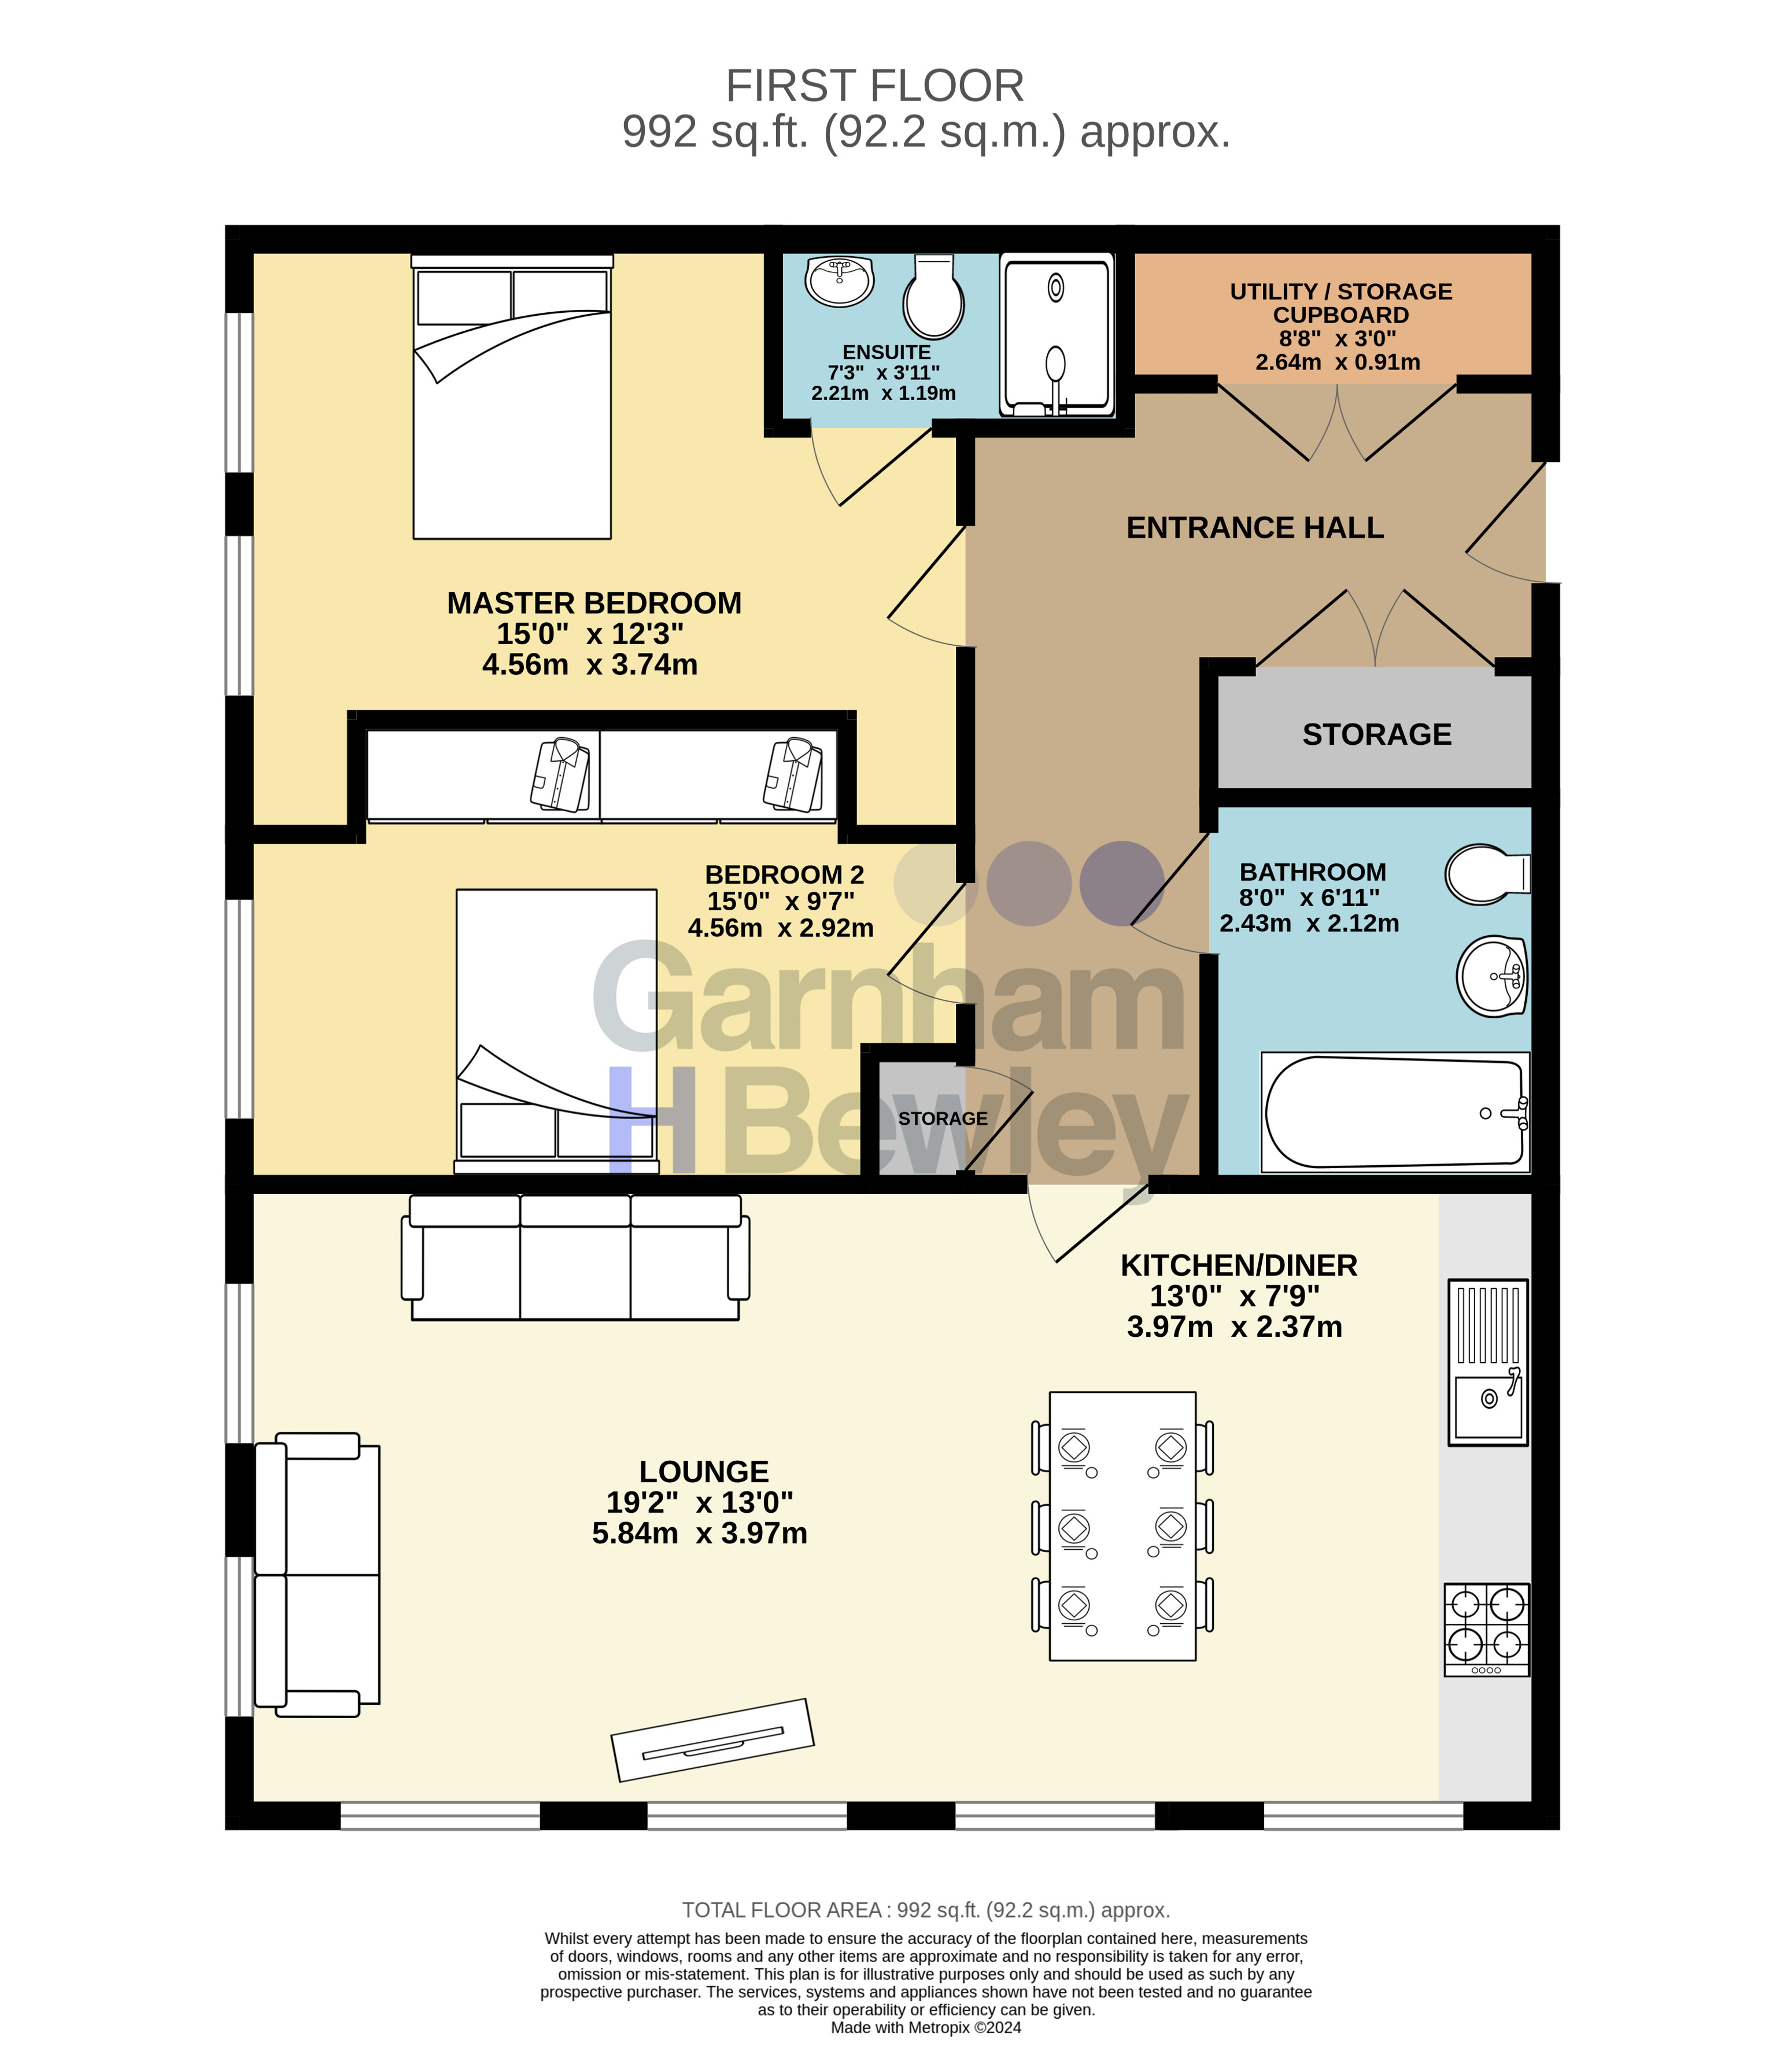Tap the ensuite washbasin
840,281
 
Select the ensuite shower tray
1057,335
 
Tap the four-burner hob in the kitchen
1486,1630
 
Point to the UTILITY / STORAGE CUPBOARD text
1341,302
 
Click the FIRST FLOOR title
875,86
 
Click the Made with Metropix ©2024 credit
926,2028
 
